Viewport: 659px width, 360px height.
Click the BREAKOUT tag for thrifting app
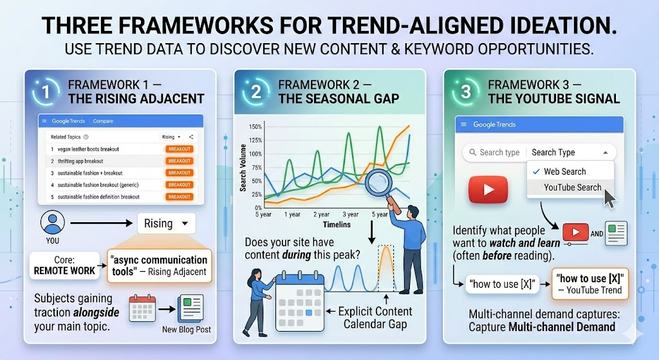[x=180, y=161]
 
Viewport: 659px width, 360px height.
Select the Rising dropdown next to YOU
[x=165, y=224]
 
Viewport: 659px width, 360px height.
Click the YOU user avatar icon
[x=51, y=222]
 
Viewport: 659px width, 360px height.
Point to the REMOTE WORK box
[x=65, y=265]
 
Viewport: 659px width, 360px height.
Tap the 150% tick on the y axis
[x=254, y=127]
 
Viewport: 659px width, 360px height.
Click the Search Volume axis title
[x=243, y=166]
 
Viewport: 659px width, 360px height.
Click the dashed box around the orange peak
[x=387, y=270]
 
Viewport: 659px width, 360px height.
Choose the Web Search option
[x=564, y=172]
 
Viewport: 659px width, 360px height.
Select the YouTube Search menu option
[x=572, y=187]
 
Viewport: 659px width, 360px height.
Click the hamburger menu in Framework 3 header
[x=464, y=125]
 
